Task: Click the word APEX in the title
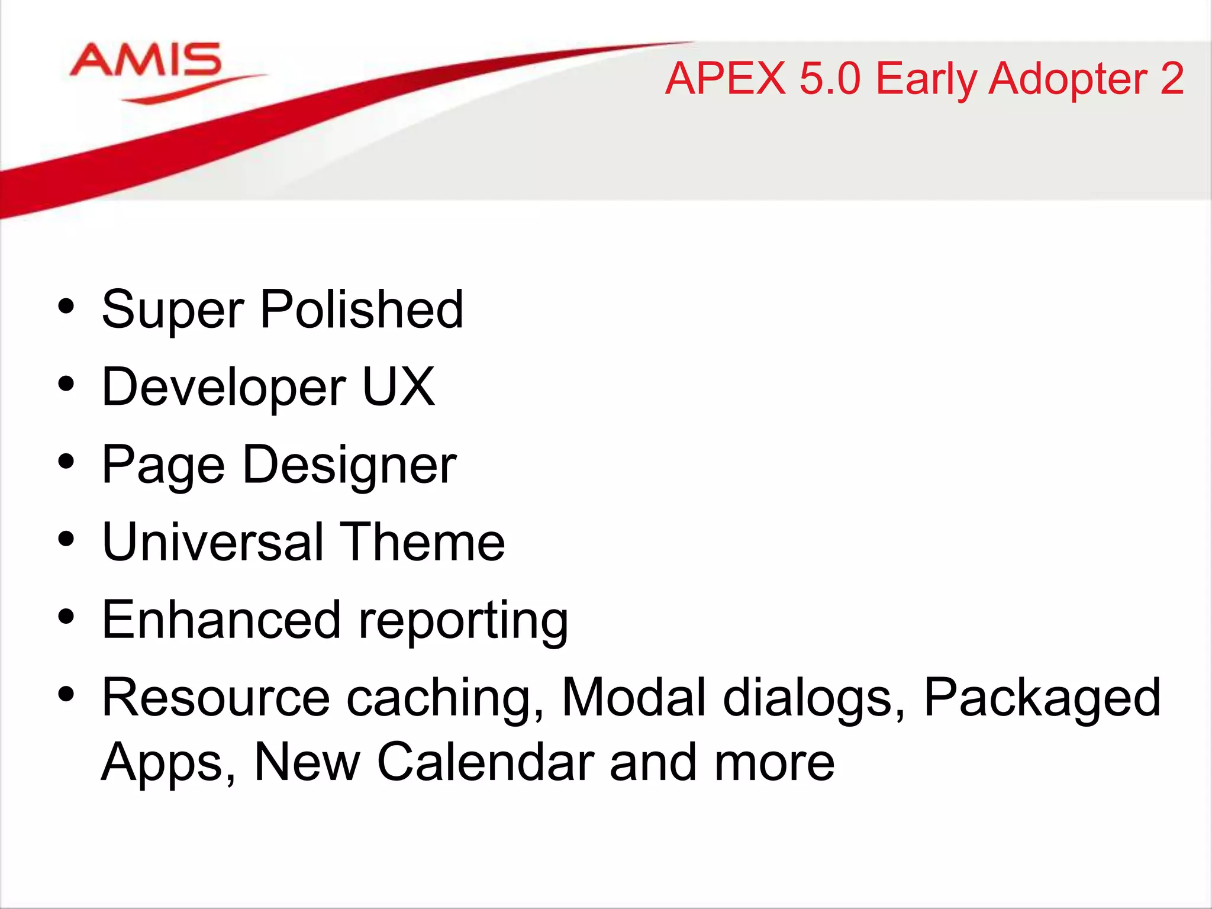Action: pyautogui.click(x=725, y=79)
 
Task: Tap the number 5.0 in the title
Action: pyautogui.click(x=829, y=79)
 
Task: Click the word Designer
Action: pyautogui.click(x=349, y=465)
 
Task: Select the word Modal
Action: pyautogui.click(x=634, y=698)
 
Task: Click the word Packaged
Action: pyautogui.click(x=1042, y=699)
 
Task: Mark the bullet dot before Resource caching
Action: pyautogui.click(x=66, y=693)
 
